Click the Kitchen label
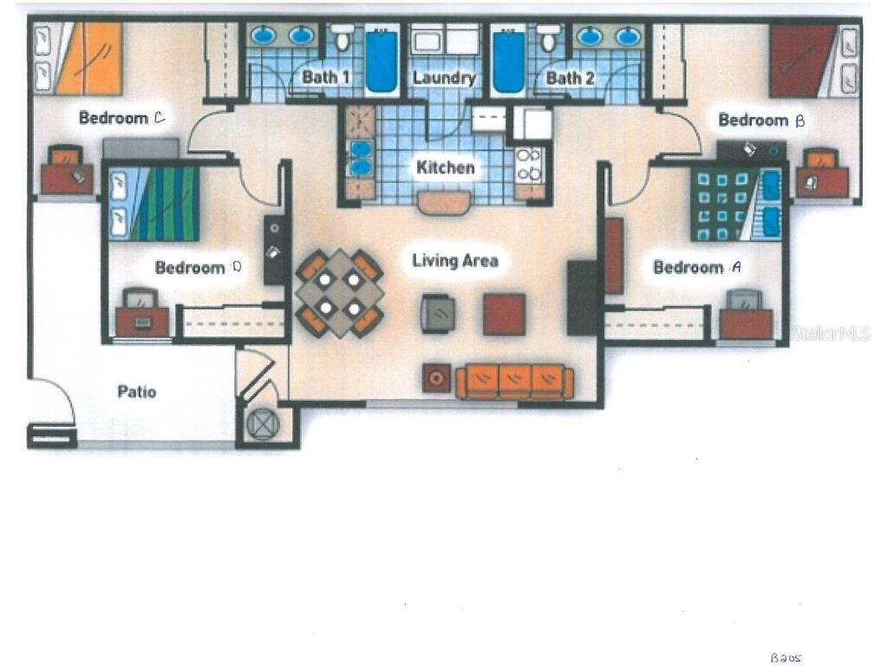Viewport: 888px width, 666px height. (x=445, y=167)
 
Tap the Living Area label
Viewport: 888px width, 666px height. (x=455, y=260)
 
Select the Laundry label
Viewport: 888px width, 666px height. (x=444, y=77)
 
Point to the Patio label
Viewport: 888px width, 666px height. (x=136, y=391)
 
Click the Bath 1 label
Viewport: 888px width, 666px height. (x=325, y=77)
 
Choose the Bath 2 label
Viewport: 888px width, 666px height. (x=571, y=77)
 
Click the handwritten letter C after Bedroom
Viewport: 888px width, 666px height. (x=160, y=118)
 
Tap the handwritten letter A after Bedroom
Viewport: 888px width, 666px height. (x=736, y=267)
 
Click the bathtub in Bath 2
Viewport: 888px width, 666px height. (x=508, y=61)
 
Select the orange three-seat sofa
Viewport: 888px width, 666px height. (x=514, y=382)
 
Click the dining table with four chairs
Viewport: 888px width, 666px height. (x=340, y=293)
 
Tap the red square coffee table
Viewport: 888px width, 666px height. (x=504, y=314)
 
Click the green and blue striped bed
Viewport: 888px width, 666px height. (x=154, y=203)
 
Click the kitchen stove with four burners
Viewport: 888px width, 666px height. (x=528, y=166)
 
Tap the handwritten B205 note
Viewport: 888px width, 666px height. (x=786, y=658)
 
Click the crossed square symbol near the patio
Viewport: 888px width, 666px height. (x=264, y=424)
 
